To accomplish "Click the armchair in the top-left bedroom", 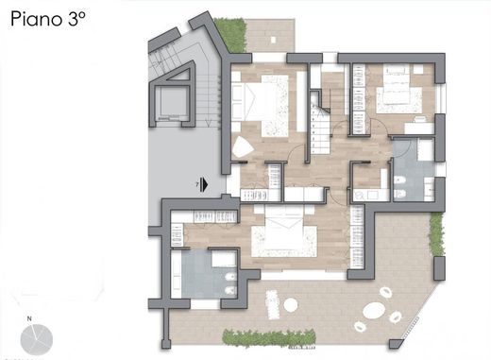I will (244, 146).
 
